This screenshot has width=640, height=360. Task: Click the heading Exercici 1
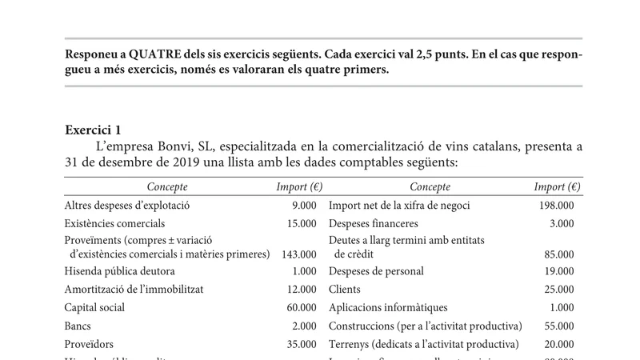pos(93,130)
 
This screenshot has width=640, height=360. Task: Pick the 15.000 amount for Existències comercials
pos(298,223)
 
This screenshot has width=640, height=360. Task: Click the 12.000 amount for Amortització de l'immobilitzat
pos(298,290)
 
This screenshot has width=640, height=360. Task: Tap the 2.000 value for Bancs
pos(302,326)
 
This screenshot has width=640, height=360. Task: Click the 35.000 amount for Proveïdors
pos(298,344)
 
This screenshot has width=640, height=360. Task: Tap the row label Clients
pos(345,290)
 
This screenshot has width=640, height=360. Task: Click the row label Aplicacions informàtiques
pos(388,307)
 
